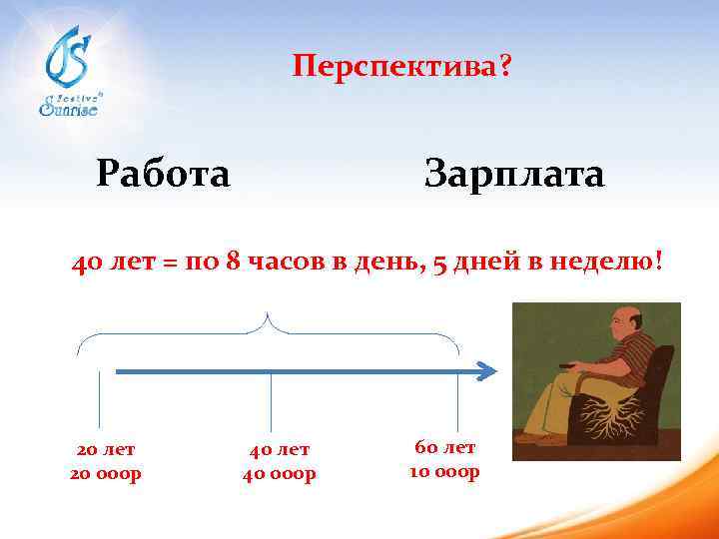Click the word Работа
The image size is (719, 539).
pos(164,174)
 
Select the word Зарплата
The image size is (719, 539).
pos(513,174)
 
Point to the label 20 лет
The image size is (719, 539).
pos(105,449)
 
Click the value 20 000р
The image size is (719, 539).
pos(105,472)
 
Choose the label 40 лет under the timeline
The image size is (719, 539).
pos(279,450)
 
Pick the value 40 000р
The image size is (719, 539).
pos(279,474)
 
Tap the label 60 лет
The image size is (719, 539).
pos(445,447)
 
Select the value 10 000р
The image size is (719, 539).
pos(445,471)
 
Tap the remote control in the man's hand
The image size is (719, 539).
pos(568,369)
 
